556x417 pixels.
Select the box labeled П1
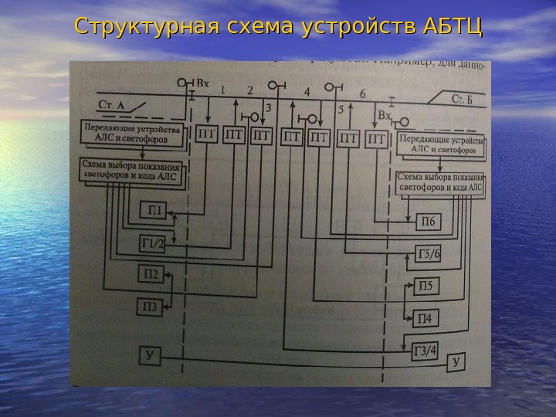(x=154, y=210)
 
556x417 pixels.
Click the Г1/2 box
(x=153, y=244)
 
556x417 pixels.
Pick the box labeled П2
(x=151, y=273)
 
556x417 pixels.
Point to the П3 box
(x=150, y=307)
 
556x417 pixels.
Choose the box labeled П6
(x=426, y=222)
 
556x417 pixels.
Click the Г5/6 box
(x=428, y=254)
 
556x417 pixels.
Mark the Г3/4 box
(x=425, y=352)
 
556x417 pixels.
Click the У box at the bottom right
(x=456, y=361)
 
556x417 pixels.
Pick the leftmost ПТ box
(x=207, y=135)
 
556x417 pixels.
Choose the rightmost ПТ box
(x=376, y=139)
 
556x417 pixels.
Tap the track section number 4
(x=307, y=92)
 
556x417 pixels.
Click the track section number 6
(x=362, y=94)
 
